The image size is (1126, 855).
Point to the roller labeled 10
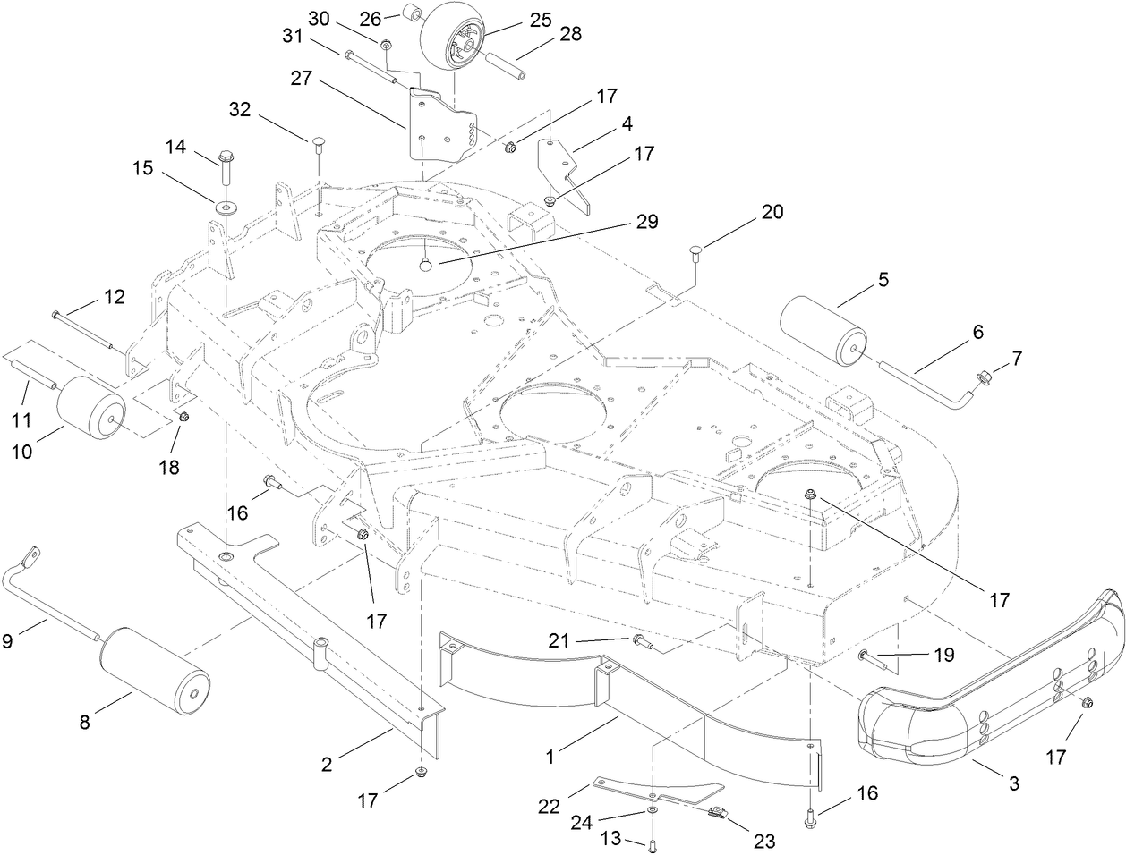[90, 408]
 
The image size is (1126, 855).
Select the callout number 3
[1013, 784]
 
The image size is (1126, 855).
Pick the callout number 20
[772, 212]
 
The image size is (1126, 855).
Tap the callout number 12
[114, 296]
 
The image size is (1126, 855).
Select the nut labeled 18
[183, 418]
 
